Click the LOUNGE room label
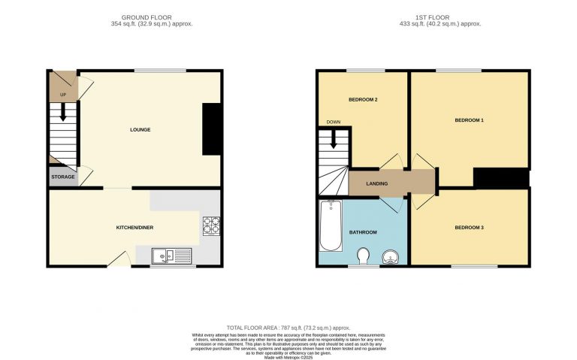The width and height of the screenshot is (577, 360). click(x=140, y=130)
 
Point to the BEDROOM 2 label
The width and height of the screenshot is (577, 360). click(x=363, y=100)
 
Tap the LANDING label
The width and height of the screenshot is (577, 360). click(x=376, y=183)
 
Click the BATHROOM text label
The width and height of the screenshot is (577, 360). click(x=363, y=232)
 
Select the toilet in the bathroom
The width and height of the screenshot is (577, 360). click(x=363, y=257)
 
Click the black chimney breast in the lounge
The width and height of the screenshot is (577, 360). click(x=212, y=129)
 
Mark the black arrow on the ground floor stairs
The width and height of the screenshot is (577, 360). click(x=63, y=113)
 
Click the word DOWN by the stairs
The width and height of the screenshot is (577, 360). click(x=334, y=122)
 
